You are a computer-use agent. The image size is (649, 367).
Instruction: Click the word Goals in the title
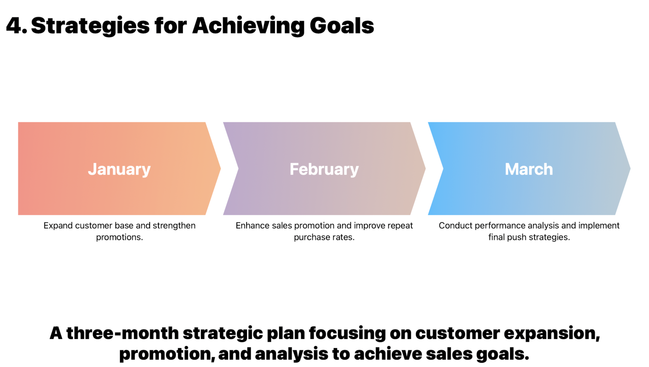pyautogui.click(x=342, y=26)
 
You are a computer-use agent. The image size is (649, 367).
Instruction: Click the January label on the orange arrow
pyautogui.click(x=119, y=170)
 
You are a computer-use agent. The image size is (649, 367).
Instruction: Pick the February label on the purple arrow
pyautogui.click(x=324, y=170)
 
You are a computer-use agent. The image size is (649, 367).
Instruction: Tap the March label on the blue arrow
pyautogui.click(x=529, y=169)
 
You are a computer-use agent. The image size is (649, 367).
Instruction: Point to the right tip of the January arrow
pyautogui.click(x=221, y=168)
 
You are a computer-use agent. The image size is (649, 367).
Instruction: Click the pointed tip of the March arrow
pyautogui.click(x=630, y=168)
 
